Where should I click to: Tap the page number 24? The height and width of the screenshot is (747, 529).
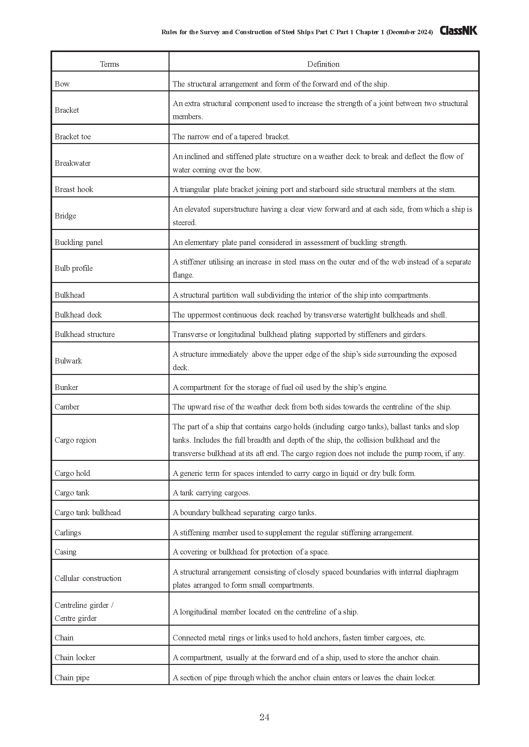coord(264,717)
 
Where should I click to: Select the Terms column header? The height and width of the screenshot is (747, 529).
coord(109,64)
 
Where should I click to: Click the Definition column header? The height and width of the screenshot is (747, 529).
coord(323,64)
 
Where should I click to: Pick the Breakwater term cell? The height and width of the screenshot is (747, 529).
coord(73,163)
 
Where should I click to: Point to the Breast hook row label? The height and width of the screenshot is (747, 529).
coord(74,189)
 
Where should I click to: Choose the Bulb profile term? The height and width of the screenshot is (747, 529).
coord(74,268)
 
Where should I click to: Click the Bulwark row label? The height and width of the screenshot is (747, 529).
coord(68,361)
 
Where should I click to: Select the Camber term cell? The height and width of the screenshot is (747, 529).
coord(67,407)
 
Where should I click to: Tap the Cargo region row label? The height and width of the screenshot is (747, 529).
coord(75,440)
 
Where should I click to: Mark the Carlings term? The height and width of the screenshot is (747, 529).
coord(68,532)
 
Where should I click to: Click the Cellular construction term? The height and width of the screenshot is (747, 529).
coord(88,578)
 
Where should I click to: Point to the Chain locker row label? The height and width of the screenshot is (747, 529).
coord(75,657)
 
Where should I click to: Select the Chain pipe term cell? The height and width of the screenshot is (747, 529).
coord(72,677)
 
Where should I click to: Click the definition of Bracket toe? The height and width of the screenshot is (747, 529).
coord(231,137)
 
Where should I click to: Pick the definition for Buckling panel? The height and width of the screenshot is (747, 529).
coord(289,242)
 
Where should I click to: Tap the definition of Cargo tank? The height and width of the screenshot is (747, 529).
coord(211,492)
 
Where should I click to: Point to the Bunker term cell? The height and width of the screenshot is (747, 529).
coord(67,387)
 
